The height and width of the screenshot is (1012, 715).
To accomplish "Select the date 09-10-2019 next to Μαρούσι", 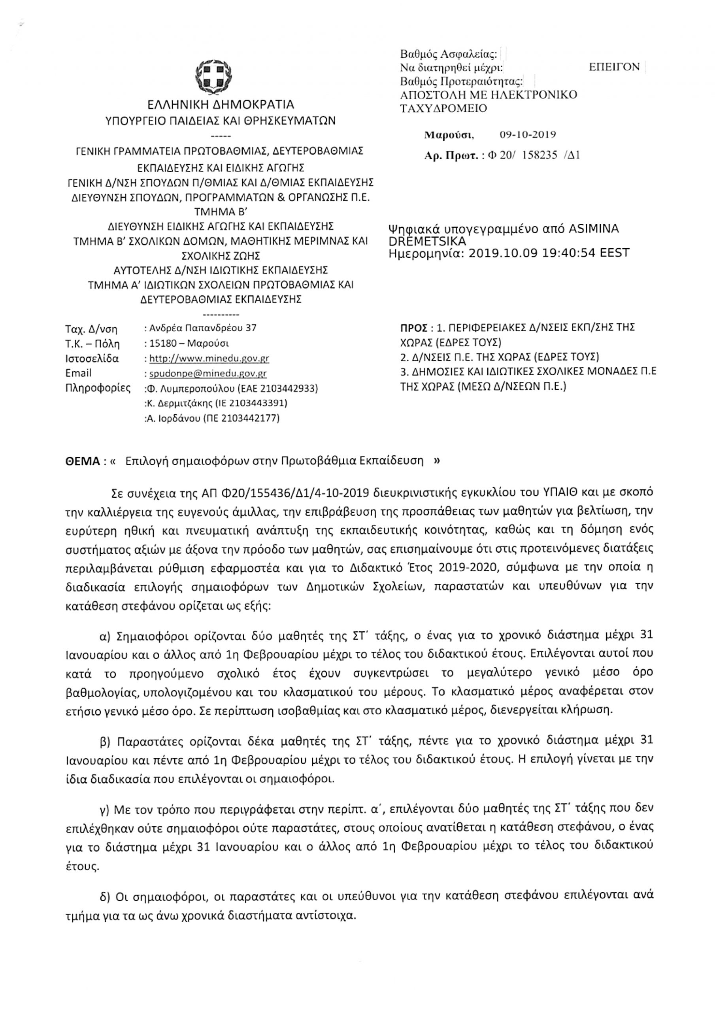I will click(x=528, y=134).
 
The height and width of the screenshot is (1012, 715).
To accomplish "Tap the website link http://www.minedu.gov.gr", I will click(x=209, y=358).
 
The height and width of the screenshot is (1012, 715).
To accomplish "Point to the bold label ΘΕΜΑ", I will click(x=81, y=461).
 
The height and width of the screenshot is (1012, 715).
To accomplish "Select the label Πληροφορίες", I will click(x=97, y=388).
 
